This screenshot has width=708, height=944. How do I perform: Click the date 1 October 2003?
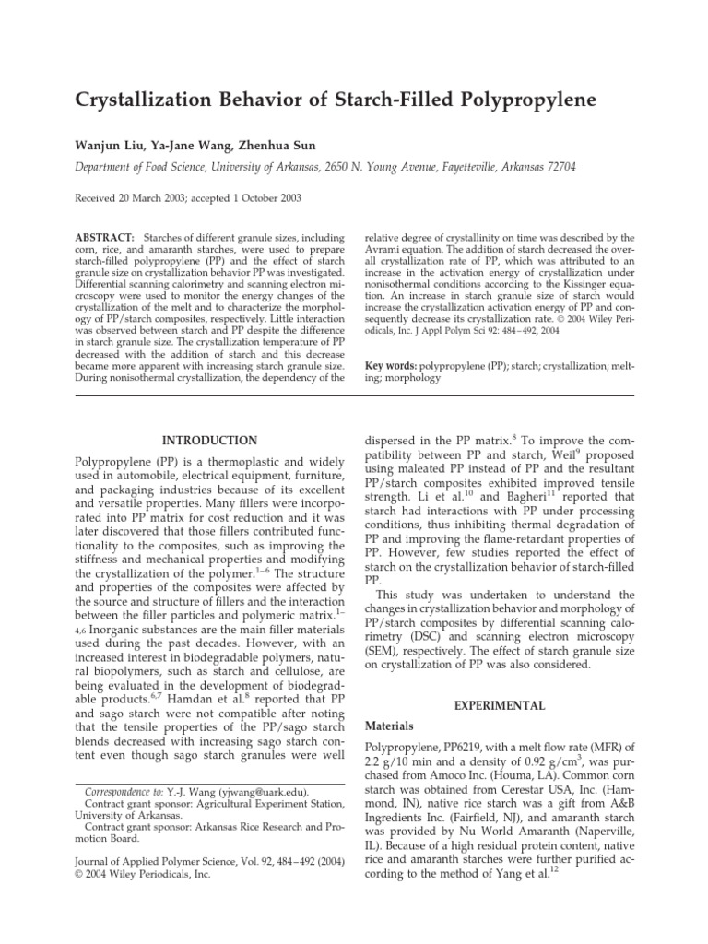(256, 198)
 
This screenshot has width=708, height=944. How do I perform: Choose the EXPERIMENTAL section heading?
(508, 705)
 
